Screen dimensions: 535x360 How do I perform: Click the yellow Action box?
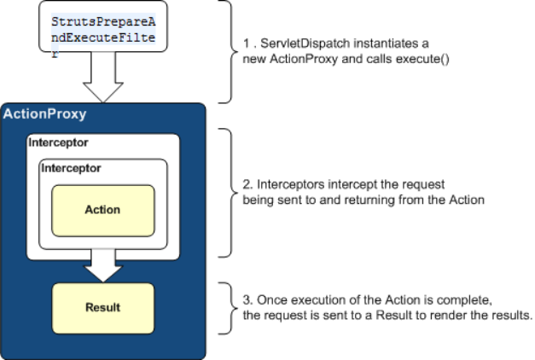pyautogui.click(x=103, y=211)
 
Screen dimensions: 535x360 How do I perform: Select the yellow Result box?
pyautogui.click(x=103, y=308)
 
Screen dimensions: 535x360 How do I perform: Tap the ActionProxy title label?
pyautogui.click(x=44, y=114)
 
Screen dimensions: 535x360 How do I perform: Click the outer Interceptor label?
pyautogui.click(x=58, y=142)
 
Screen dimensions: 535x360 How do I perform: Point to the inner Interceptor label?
pyautogui.click(x=71, y=168)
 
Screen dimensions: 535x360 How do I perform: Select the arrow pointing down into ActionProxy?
pyautogui.click(x=103, y=77)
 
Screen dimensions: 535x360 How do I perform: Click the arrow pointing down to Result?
pyautogui.click(x=103, y=266)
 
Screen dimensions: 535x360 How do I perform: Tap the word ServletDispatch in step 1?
pyautogui.click(x=305, y=44)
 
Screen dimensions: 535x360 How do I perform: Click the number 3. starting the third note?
pyautogui.click(x=247, y=300)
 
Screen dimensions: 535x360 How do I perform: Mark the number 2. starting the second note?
pyautogui.click(x=247, y=184)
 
